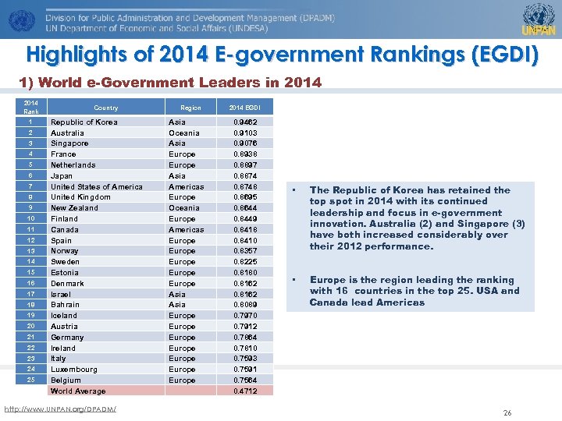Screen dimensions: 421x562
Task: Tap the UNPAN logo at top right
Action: (538, 19)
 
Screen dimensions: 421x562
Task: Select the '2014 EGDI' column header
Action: (244, 108)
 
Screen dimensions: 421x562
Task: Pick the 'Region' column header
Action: (190, 108)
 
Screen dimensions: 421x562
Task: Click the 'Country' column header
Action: (105, 108)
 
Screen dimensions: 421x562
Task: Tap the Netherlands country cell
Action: (73, 165)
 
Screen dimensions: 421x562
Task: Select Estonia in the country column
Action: (65, 273)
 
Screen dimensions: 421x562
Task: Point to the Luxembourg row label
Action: (74, 370)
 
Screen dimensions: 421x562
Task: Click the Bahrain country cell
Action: (65, 305)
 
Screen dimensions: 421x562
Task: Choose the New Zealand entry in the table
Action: (74, 208)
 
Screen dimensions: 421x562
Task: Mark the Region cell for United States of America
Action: (186, 187)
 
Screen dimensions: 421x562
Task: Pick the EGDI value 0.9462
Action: (245, 122)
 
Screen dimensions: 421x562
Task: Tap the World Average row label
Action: (77, 391)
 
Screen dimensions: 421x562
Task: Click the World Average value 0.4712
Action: (245, 391)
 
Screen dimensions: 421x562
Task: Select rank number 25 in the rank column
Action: (30, 380)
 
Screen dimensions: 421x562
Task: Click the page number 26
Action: (507, 412)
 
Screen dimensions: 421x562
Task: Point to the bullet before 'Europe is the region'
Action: (295, 280)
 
